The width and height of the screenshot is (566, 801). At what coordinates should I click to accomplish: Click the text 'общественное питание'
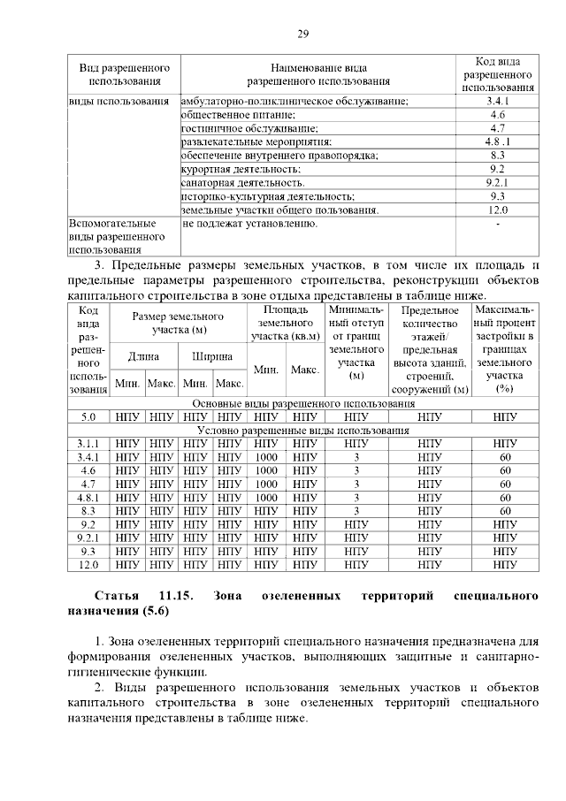(x=238, y=115)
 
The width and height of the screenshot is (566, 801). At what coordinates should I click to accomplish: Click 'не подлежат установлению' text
(x=249, y=224)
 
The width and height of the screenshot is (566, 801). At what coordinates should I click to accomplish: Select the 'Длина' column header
(x=143, y=356)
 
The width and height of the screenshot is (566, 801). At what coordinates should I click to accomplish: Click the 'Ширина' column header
(x=212, y=356)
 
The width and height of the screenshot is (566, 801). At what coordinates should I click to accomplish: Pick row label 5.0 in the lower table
(x=88, y=416)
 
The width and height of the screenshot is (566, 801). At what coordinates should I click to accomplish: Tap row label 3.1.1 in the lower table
(x=88, y=443)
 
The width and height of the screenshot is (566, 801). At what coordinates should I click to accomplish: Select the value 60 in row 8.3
(x=505, y=510)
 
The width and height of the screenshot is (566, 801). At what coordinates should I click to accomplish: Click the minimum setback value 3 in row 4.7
(x=356, y=484)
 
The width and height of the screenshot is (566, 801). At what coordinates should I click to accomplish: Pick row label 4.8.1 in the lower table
(x=88, y=497)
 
